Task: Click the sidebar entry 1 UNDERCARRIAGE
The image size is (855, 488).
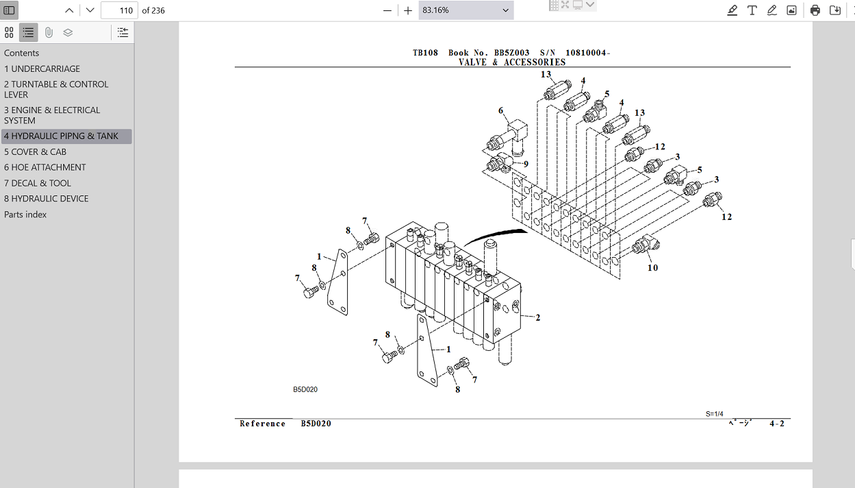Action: [42, 69]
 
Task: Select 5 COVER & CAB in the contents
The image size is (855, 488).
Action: [35, 151]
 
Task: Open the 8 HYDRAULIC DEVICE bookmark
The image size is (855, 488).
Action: [46, 199]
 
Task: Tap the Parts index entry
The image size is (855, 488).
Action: [25, 215]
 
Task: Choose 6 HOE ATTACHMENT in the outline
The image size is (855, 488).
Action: [45, 167]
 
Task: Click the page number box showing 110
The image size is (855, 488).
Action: [119, 10]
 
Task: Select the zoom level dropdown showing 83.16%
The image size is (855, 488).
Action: [465, 10]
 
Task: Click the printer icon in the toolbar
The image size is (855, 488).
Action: [815, 10]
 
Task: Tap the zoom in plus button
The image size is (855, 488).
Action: [408, 10]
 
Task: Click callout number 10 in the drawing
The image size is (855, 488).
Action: [652, 267]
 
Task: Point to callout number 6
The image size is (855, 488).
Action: [500, 110]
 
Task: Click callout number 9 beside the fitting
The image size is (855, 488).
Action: [526, 164]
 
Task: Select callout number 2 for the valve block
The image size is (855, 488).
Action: [538, 317]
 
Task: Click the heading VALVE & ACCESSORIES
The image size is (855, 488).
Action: [512, 62]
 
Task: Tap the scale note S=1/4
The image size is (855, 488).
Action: [714, 414]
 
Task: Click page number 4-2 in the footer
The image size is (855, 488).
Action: [776, 424]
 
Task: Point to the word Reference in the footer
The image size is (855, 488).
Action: [262, 424]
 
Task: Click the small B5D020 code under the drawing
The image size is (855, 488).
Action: [305, 389]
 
